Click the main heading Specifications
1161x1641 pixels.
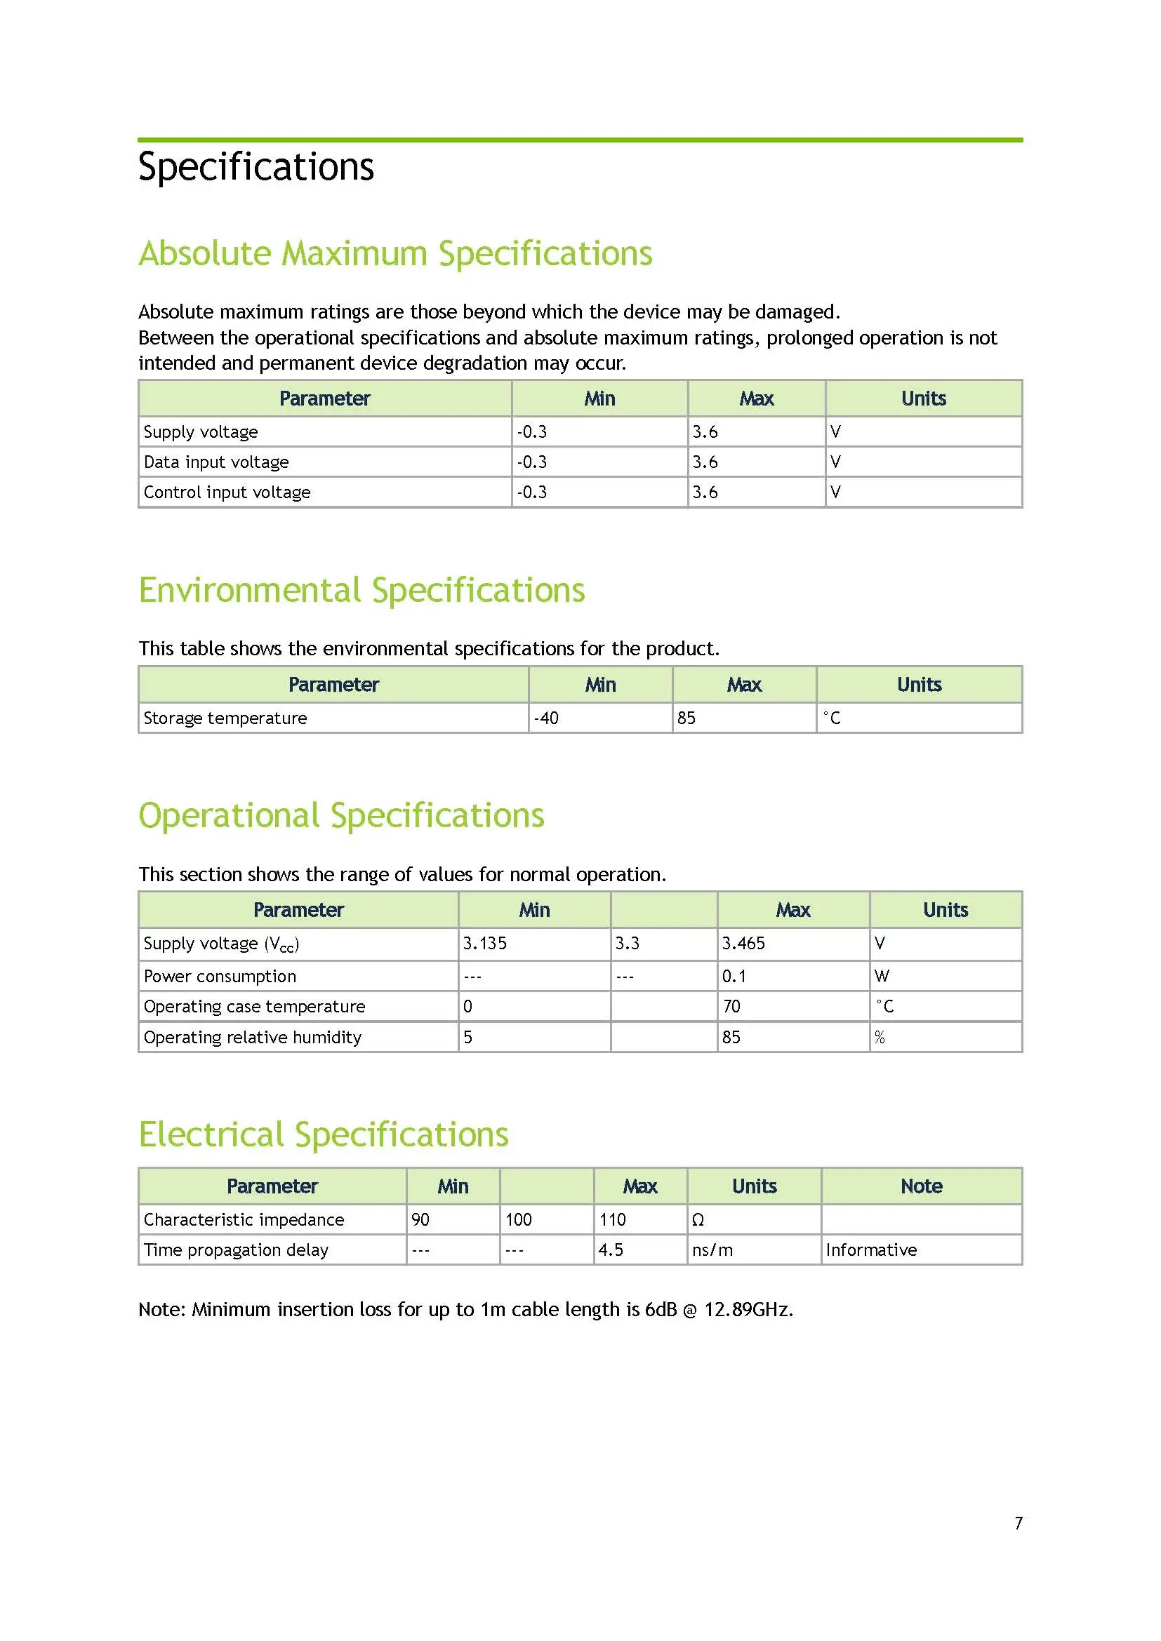(x=256, y=166)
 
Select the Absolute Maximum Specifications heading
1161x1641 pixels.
(x=394, y=254)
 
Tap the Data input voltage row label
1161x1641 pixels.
(x=216, y=462)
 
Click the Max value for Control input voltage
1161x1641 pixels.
(x=705, y=493)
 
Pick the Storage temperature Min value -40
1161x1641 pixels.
(x=546, y=718)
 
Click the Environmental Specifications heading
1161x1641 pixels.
(x=361, y=591)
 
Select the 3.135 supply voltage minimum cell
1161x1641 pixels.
(x=485, y=944)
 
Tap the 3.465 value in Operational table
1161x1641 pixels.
(x=743, y=944)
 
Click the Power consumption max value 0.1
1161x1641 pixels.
(x=734, y=977)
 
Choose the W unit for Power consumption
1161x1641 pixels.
(x=882, y=977)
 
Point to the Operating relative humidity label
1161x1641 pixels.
(x=253, y=1037)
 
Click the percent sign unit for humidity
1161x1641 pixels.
(x=880, y=1037)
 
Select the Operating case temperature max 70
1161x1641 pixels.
(x=731, y=1006)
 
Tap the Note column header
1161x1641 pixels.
(x=921, y=1186)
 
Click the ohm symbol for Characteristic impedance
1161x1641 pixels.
(x=698, y=1220)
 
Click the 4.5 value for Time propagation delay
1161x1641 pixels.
(x=611, y=1250)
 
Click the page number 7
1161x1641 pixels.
(x=1018, y=1523)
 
